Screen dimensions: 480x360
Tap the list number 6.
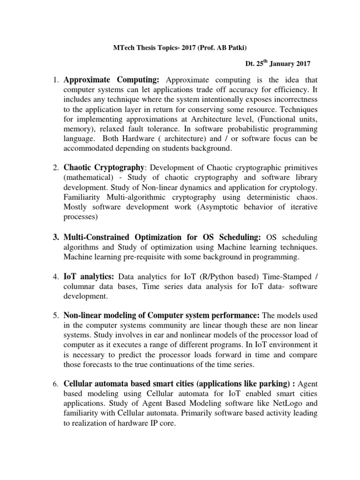pos(55,385)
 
